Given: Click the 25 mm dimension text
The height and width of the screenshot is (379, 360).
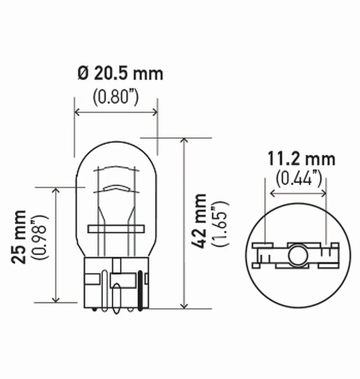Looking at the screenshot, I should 19,236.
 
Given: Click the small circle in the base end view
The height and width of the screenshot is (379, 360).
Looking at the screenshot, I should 298,255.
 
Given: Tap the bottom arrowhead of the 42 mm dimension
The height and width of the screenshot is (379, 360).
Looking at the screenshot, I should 184,306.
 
